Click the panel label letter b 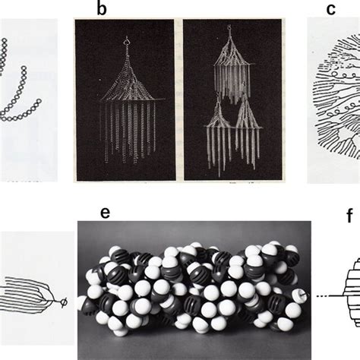(x=101, y=8)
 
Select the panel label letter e (x=105, y=193)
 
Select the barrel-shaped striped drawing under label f (x=349, y=292)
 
